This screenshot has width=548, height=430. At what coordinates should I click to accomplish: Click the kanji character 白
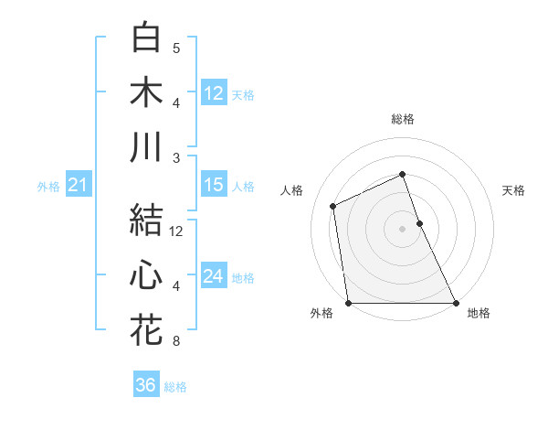(x=147, y=38)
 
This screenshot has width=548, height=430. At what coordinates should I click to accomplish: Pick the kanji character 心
(x=147, y=275)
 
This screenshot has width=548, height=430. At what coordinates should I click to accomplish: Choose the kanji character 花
(x=147, y=330)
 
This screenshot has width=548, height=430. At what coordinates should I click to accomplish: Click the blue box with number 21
(x=78, y=186)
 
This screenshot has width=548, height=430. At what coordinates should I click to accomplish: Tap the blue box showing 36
(x=146, y=385)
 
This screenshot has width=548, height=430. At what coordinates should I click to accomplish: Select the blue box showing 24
(x=214, y=276)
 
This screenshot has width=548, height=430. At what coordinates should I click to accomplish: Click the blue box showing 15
(x=214, y=185)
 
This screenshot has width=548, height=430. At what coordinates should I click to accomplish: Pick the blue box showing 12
(x=214, y=92)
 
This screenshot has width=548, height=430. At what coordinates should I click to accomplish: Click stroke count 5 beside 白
(x=176, y=48)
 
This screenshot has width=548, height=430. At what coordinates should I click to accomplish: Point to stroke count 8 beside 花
(x=176, y=341)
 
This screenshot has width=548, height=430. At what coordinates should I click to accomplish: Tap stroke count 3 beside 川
(x=176, y=157)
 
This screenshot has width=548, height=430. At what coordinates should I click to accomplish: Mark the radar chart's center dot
(x=402, y=229)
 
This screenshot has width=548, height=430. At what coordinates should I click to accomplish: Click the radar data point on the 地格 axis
(x=456, y=303)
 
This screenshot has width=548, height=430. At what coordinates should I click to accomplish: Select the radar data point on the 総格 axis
(x=402, y=174)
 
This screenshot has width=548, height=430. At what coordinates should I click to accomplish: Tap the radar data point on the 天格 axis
(x=419, y=223)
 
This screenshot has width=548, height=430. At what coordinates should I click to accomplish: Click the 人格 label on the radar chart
(x=292, y=190)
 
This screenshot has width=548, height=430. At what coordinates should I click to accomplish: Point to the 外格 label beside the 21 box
(x=47, y=187)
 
